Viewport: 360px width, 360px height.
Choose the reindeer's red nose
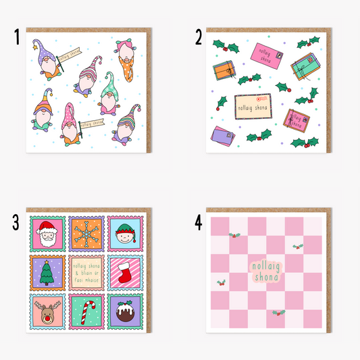point(49,315)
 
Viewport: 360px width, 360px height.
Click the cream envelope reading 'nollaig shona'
point(253,105)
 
